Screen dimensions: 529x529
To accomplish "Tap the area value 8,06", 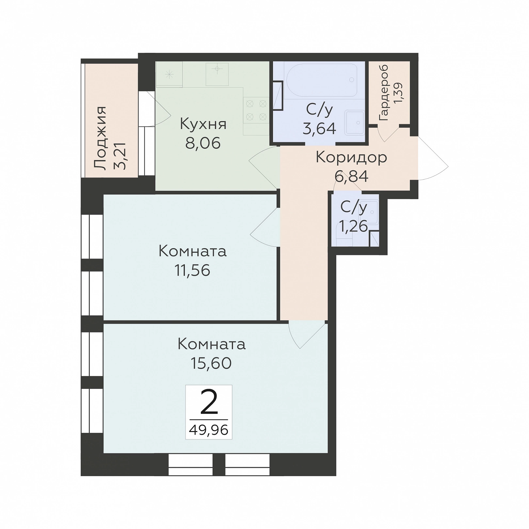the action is (x=203, y=143).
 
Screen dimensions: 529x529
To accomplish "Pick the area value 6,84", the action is (x=351, y=176).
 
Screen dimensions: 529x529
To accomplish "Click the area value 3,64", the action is (x=319, y=128).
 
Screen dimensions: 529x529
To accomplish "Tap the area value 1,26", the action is (x=354, y=226).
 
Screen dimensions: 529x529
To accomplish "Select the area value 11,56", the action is (x=192, y=270).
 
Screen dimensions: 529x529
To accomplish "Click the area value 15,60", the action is (x=211, y=363).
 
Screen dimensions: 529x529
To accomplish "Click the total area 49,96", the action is (x=209, y=430).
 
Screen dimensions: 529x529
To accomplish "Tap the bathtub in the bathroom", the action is (x=321, y=80).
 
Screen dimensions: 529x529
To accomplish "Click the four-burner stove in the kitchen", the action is (x=256, y=110).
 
